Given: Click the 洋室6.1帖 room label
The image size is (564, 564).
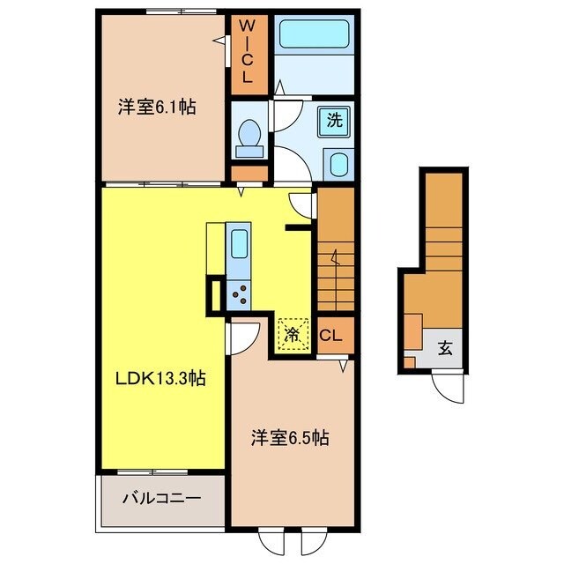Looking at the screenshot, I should pos(157,108).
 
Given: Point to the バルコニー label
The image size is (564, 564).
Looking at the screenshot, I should pos(162,497).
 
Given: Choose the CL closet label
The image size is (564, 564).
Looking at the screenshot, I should pos(331,336).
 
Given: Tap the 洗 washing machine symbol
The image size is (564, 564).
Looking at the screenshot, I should pos(334,121).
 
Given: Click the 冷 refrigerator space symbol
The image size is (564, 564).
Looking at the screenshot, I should pos(293,332).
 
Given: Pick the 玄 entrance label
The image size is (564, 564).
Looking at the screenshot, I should pos(445,347).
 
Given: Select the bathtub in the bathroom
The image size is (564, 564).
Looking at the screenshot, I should pos(314,35).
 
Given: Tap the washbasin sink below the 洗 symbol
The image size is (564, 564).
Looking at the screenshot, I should pos(338,163).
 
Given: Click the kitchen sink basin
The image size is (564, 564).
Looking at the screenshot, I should pos(239,243).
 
